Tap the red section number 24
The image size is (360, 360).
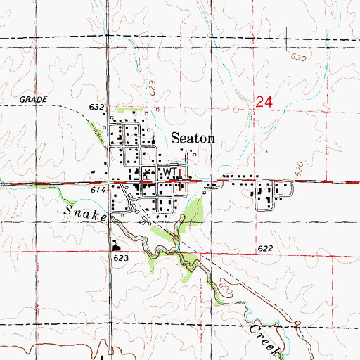(x=264, y=103)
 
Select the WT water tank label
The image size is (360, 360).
(x=169, y=172)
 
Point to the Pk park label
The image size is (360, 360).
(x=146, y=173)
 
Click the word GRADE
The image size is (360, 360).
(x=33, y=100)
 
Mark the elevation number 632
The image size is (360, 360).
(x=97, y=108)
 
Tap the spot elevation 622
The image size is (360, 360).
(x=264, y=249)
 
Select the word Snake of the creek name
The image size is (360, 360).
(x=86, y=213)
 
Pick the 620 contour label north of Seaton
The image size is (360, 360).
(x=152, y=89)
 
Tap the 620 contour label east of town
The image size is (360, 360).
(x=298, y=169)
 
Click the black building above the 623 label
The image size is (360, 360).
(x=115, y=246)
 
